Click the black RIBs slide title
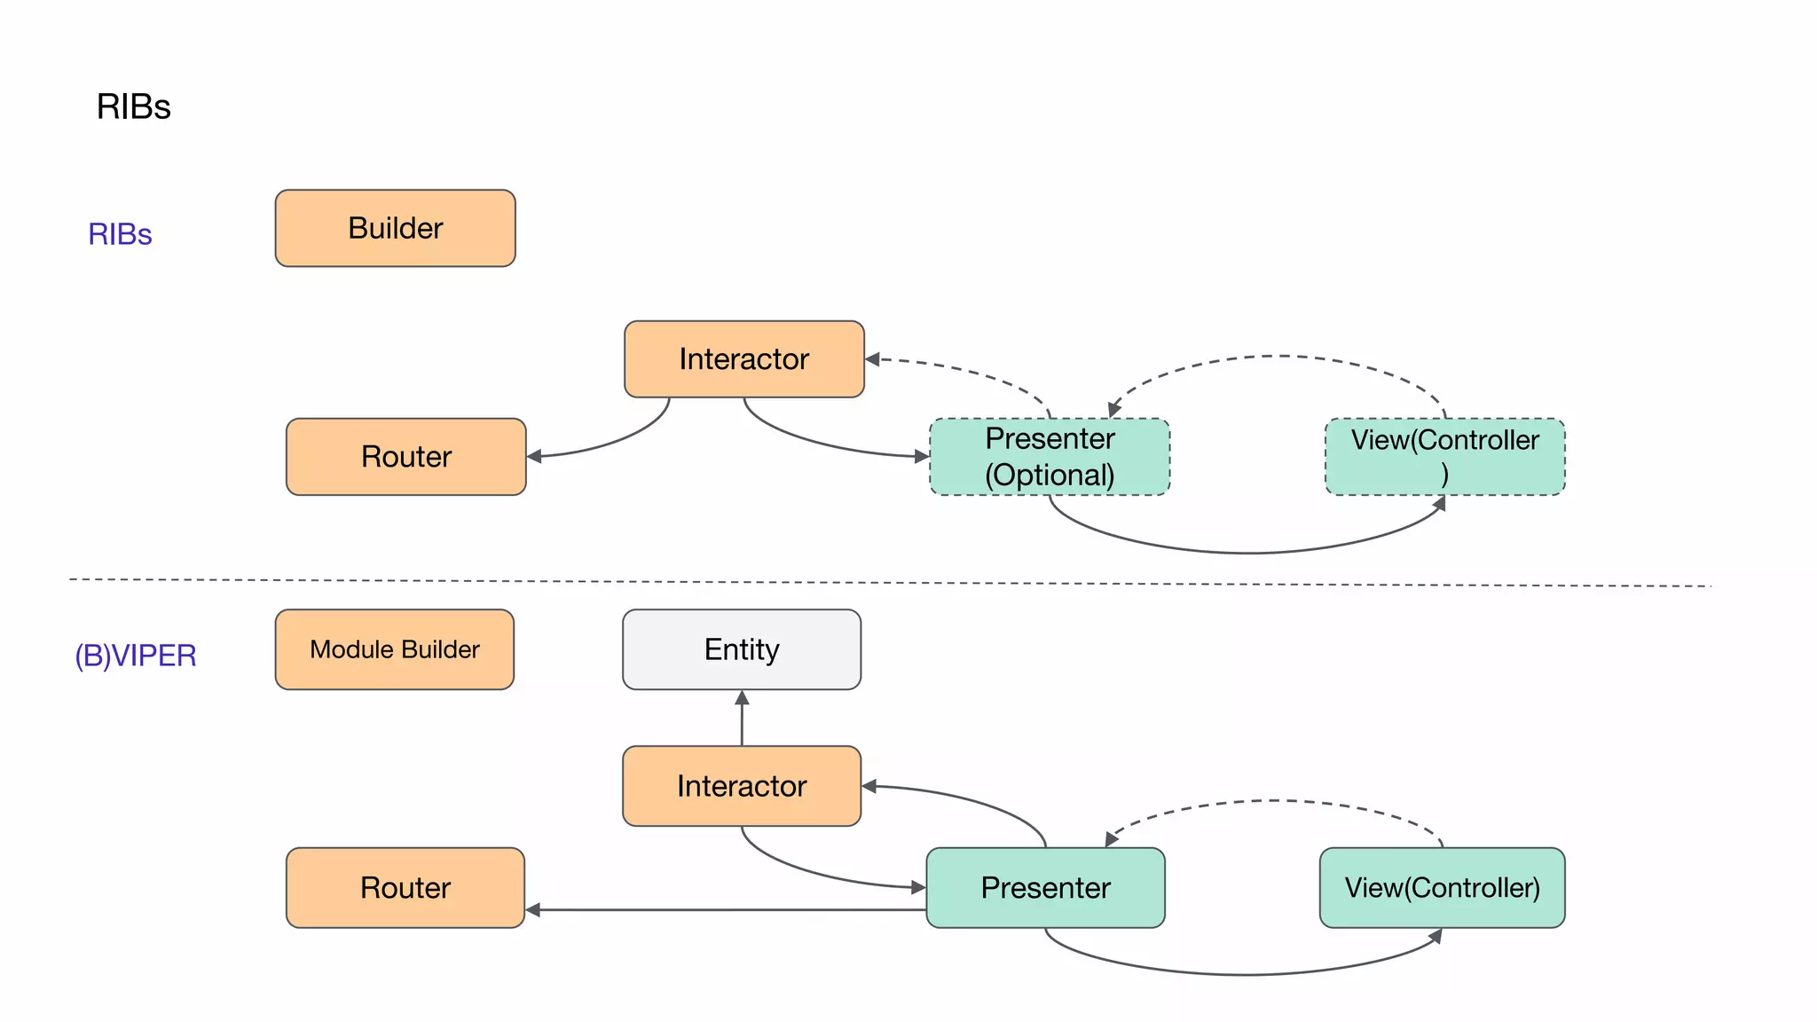pos(133,106)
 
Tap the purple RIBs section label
pos(120,234)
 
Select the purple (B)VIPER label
pos(135,656)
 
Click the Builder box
pos(395,228)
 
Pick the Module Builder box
pos(395,649)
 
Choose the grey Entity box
pos(742,649)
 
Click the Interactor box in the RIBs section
pos(743,359)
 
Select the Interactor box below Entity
pos(742,786)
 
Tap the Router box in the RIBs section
pos(405,457)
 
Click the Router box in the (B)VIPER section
pos(405,888)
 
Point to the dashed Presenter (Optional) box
pos(1050,457)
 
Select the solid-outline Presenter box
pos(1045,888)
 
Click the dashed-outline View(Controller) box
pos(1444,457)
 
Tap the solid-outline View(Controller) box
pos(1442,888)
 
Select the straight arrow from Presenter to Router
pos(728,909)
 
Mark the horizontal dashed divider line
pos(887,583)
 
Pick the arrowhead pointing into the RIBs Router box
pos(534,457)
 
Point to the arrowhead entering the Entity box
pos(742,698)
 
